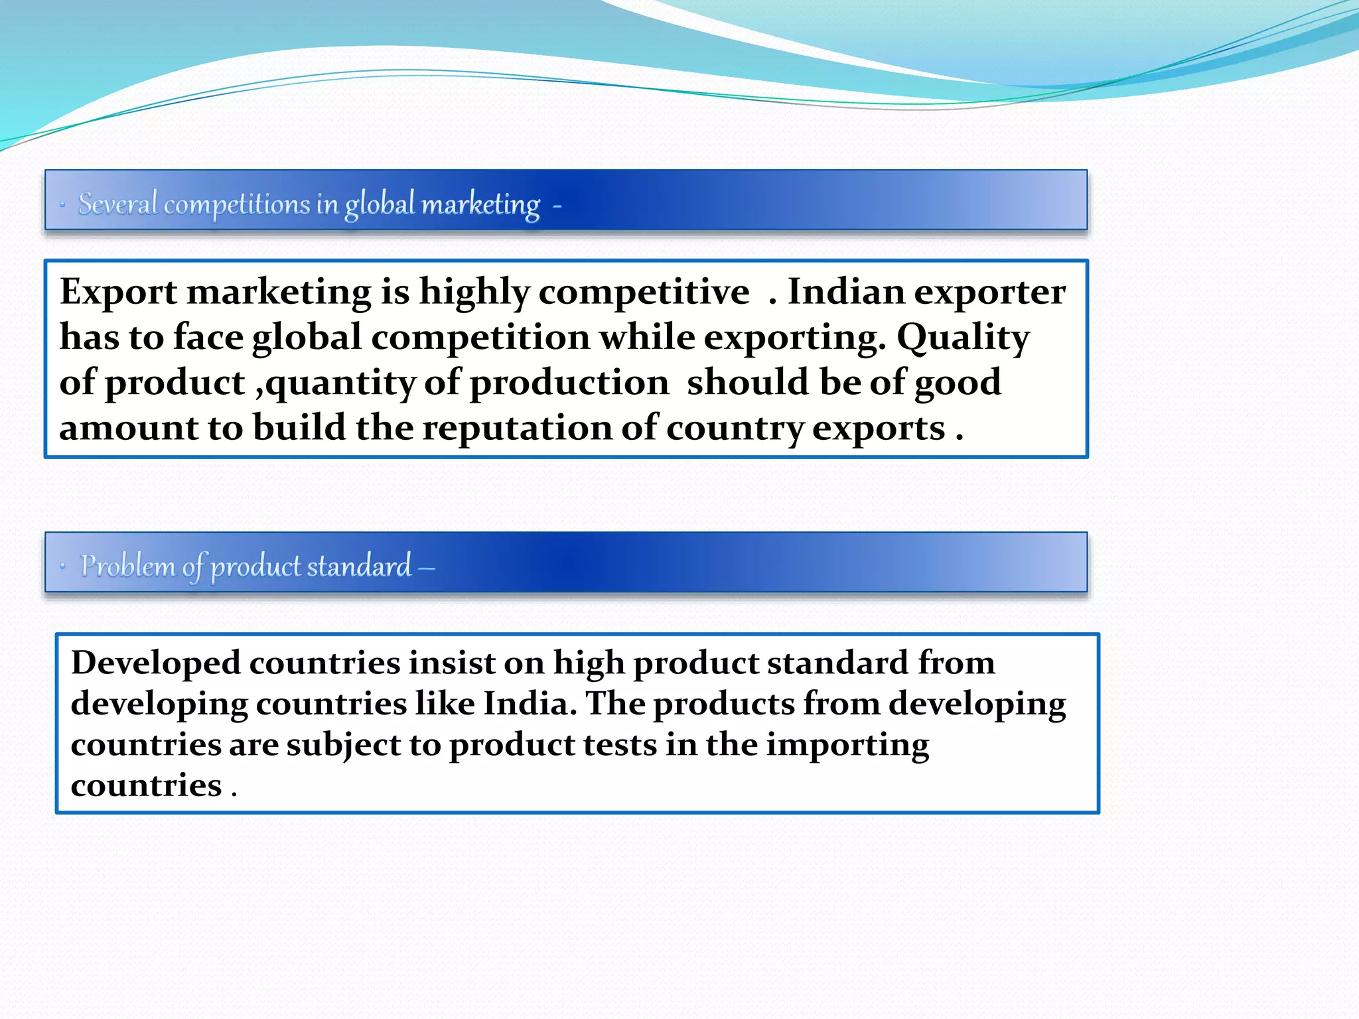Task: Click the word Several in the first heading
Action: (x=117, y=204)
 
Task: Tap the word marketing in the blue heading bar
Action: (x=480, y=205)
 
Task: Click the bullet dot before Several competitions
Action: (x=62, y=205)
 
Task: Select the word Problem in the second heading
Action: (x=127, y=566)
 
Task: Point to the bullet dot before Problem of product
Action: (x=62, y=567)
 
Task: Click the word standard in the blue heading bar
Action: (x=359, y=566)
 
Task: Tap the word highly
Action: (x=474, y=292)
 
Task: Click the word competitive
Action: (x=644, y=292)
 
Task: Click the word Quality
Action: (x=963, y=338)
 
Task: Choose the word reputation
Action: (x=517, y=428)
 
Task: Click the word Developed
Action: (x=156, y=663)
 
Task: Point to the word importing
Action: (x=847, y=745)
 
